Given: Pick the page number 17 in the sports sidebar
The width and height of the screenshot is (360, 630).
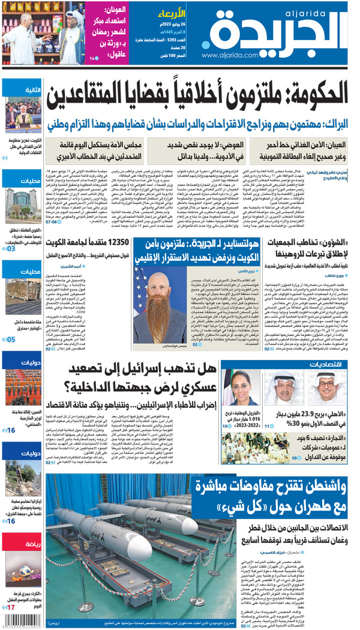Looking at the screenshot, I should click(x=10, y=608).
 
